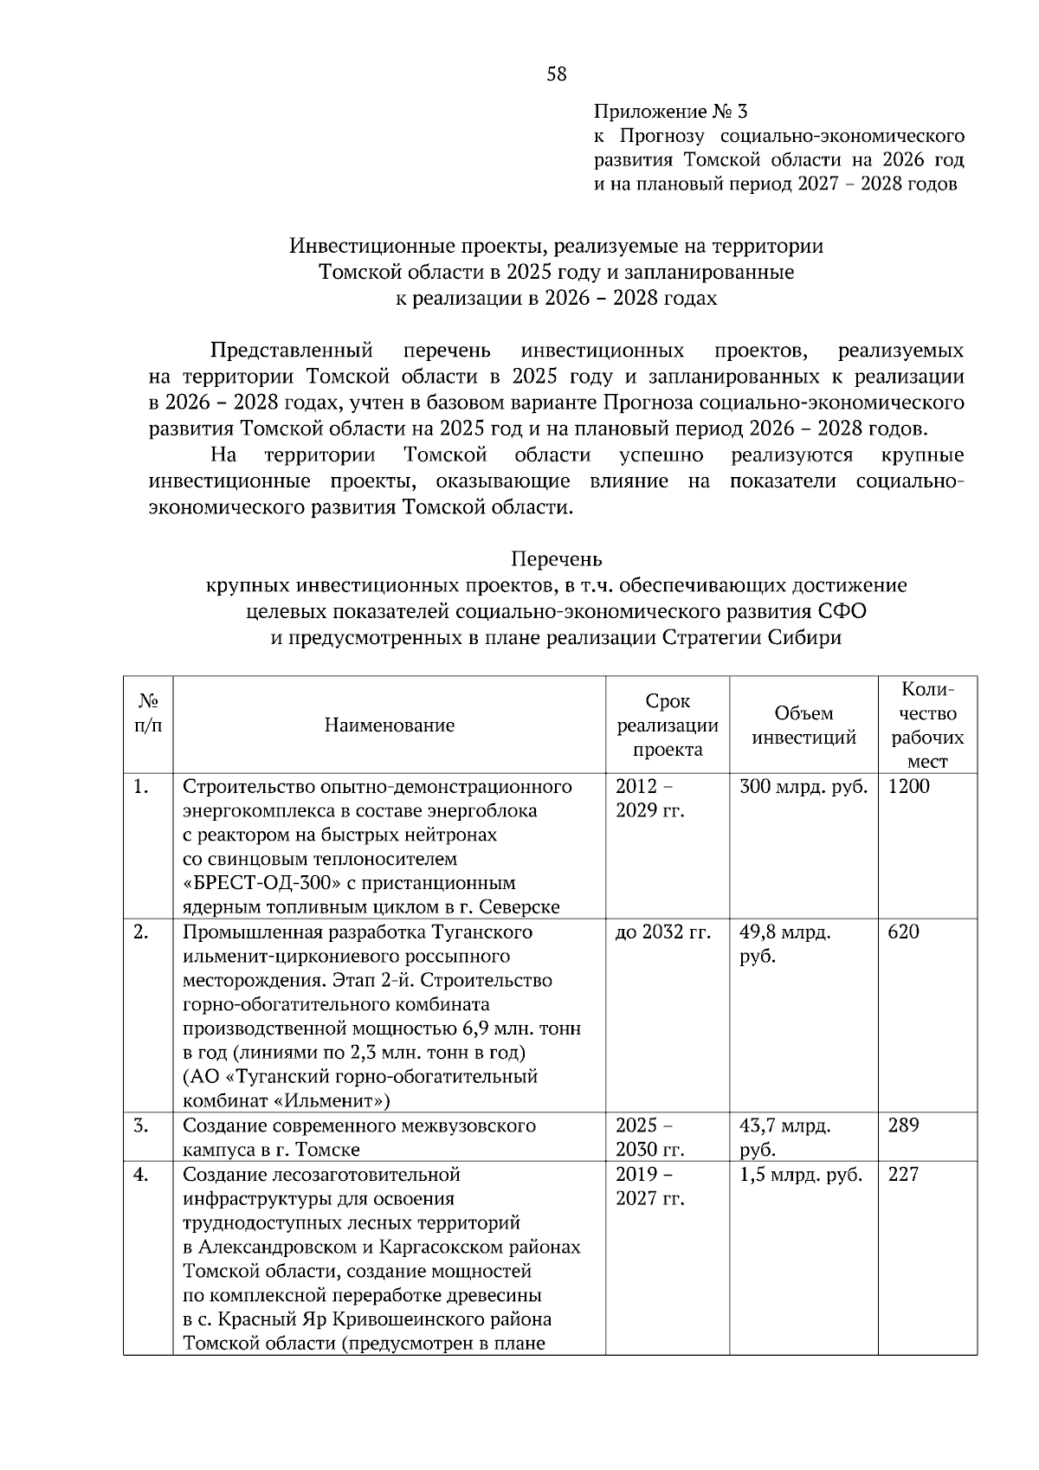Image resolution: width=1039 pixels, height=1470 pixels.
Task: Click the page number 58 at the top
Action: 557,74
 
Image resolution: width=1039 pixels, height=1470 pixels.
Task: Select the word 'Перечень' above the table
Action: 557,558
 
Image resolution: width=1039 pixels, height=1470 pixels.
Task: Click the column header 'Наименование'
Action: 390,725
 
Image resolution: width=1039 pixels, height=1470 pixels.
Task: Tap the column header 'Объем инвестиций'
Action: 803,725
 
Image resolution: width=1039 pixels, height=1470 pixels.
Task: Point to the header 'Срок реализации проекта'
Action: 668,725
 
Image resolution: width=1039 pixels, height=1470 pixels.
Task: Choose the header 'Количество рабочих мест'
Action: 927,725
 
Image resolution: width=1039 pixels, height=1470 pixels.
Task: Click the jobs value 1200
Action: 909,787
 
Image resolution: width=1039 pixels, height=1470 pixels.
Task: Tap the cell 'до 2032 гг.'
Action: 662,932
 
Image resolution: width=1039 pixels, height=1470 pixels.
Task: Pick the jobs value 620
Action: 904,932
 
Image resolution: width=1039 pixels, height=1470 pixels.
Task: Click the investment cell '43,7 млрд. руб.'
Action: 784,1138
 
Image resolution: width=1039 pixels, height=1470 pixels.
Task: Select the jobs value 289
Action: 904,1126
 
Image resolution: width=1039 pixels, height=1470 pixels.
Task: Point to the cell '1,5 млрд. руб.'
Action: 801,1175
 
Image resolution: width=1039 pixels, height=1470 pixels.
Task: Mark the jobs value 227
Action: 904,1175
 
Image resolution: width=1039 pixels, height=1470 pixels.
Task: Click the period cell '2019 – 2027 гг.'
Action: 649,1187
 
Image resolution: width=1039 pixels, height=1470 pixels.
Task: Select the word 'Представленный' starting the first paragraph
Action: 292,351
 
